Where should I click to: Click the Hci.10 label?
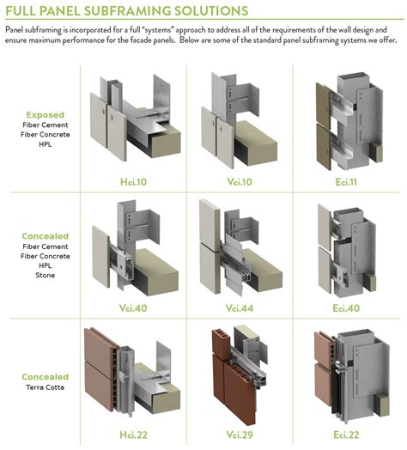pos(127,182)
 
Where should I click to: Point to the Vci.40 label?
pos(127,307)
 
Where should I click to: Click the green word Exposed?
pos(45,114)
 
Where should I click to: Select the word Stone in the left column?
pos(45,277)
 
